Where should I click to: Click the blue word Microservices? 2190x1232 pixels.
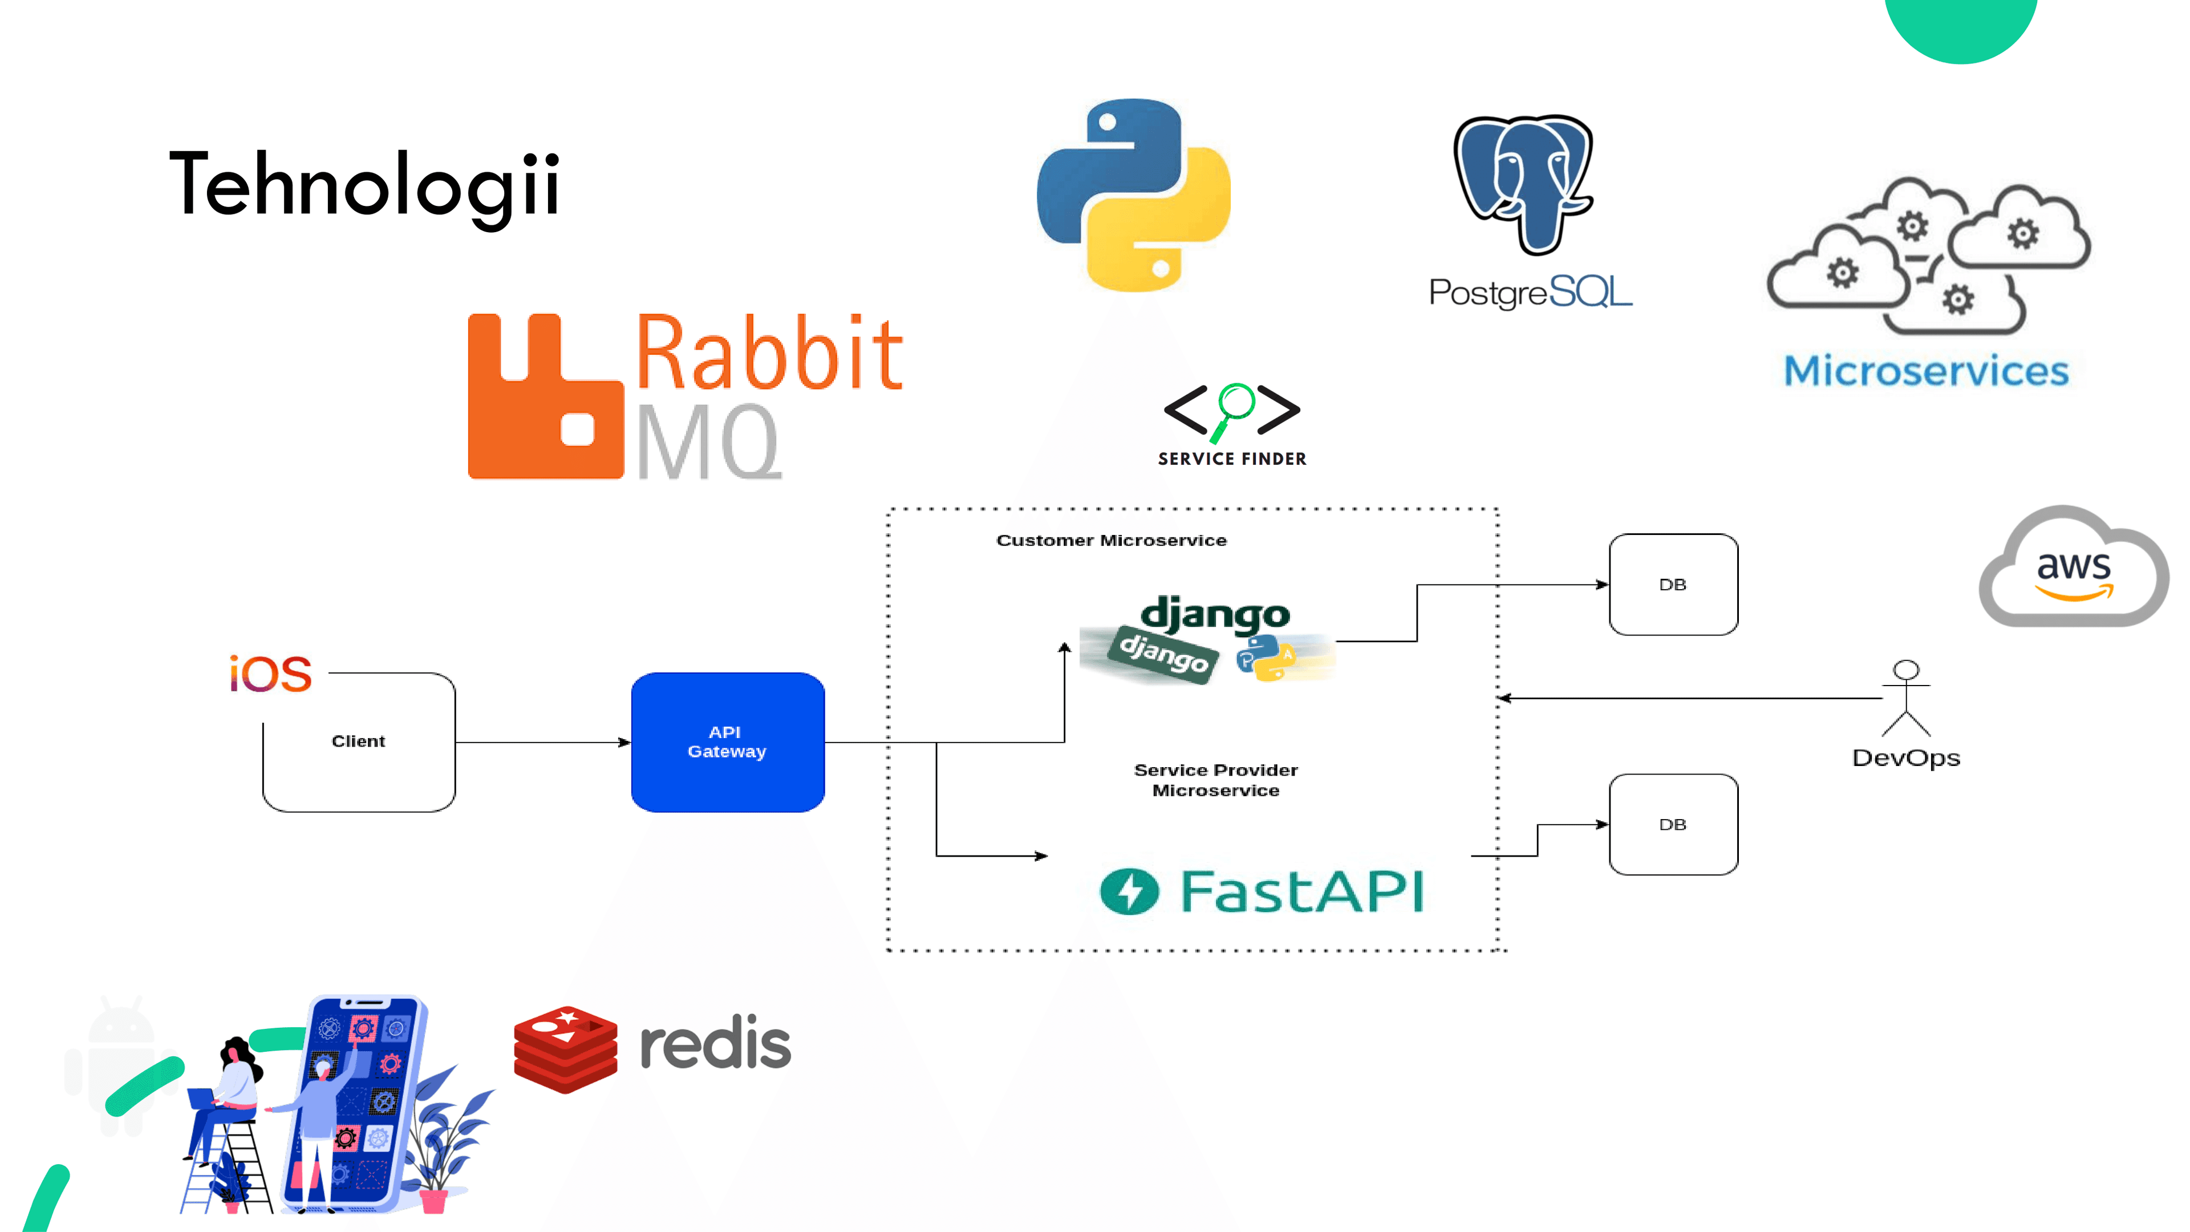[1925, 371]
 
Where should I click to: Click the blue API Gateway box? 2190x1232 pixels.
[728, 742]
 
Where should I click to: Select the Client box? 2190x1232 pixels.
[359, 741]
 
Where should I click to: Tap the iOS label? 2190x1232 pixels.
[270, 674]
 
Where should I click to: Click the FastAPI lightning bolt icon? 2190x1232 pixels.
[1129, 891]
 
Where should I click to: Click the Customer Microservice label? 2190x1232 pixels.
[1111, 541]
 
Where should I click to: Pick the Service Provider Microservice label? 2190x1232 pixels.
[1216, 780]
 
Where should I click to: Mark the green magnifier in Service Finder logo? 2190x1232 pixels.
[1234, 407]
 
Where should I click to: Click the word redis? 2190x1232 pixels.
[715, 1044]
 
